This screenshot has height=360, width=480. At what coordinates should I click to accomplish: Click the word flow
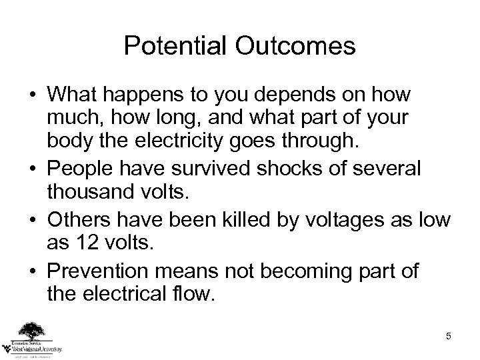click(194, 295)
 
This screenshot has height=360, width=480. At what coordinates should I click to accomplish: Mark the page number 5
click(449, 336)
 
